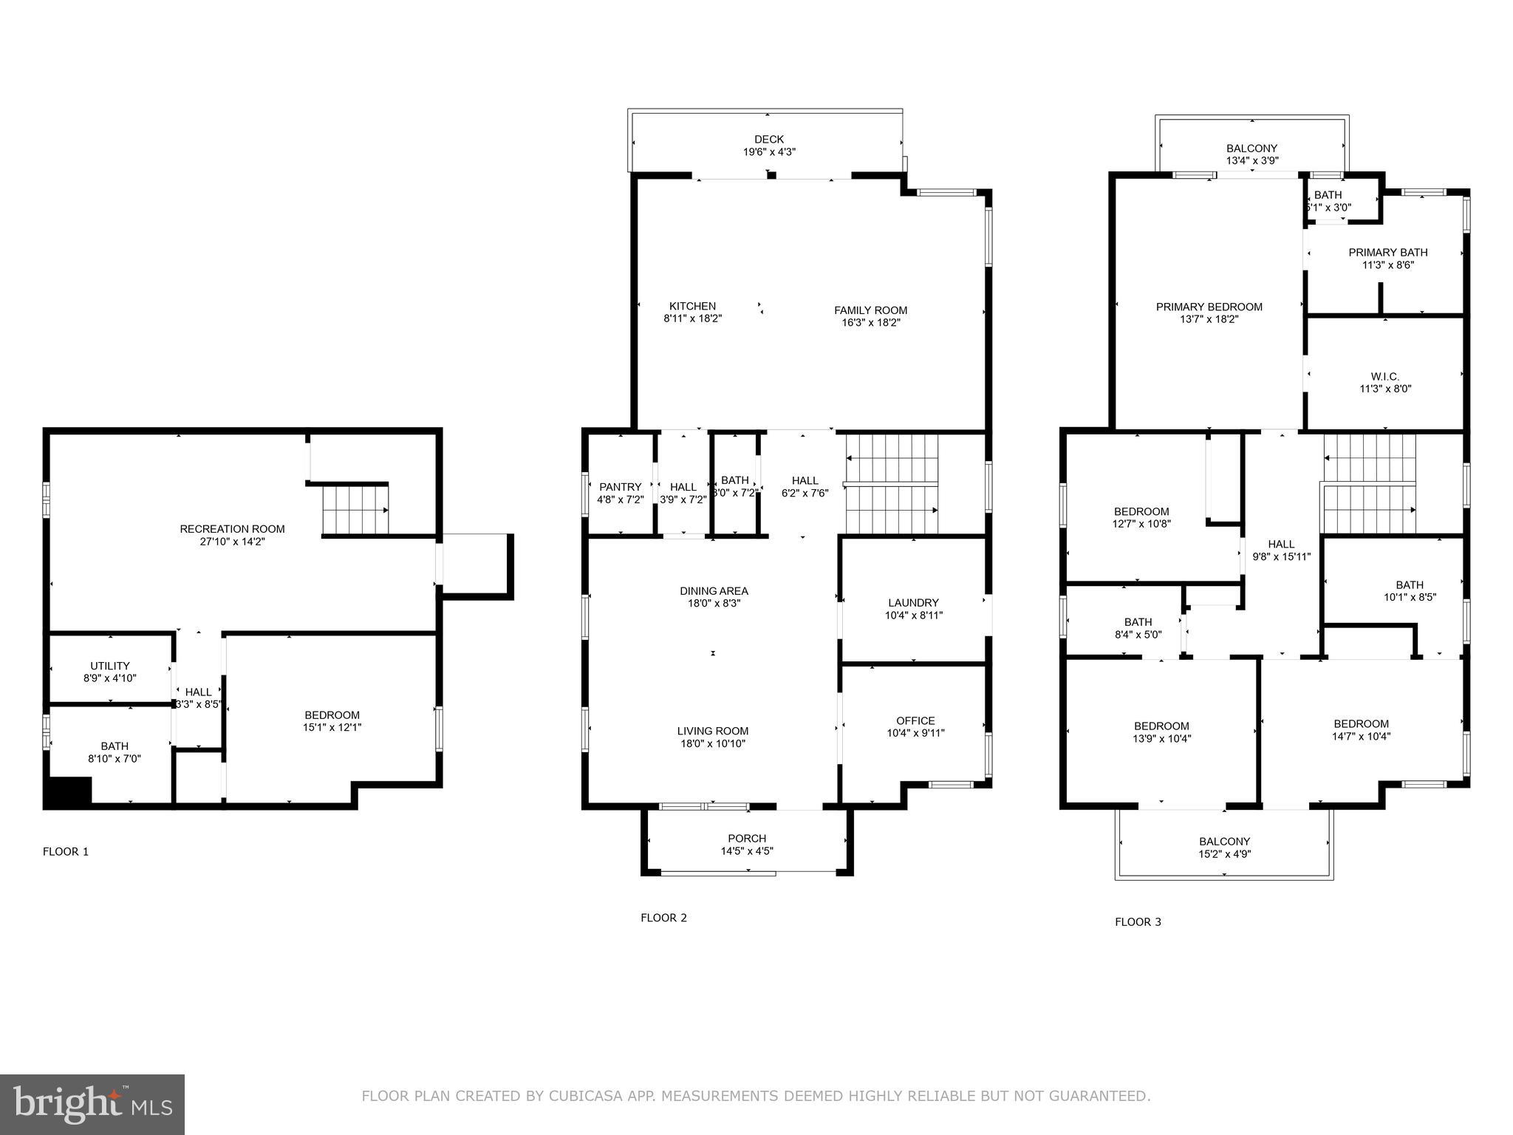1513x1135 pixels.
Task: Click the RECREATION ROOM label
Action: (232, 529)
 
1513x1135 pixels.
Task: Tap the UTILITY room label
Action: (110, 666)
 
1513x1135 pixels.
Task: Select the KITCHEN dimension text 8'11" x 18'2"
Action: (692, 319)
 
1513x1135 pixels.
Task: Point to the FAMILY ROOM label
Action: (870, 310)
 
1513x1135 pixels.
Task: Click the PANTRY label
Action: (620, 487)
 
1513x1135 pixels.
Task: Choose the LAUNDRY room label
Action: (913, 603)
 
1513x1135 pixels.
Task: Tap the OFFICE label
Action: (915, 720)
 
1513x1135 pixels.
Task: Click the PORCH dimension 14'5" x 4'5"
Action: (747, 851)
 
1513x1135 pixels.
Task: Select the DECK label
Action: (768, 139)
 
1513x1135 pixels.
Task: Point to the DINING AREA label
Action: (714, 591)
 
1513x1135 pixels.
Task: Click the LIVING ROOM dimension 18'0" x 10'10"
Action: (713, 743)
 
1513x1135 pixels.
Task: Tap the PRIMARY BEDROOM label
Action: (1209, 307)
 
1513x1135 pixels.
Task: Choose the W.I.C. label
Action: (1384, 377)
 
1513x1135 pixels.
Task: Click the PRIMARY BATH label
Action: (1387, 253)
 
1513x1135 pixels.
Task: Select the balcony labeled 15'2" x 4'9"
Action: (1224, 848)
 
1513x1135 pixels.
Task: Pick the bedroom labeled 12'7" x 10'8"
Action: (1141, 517)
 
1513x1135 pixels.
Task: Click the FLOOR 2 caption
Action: (663, 918)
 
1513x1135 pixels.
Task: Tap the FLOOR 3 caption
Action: (1138, 921)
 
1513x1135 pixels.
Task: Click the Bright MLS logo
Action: (92, 1105)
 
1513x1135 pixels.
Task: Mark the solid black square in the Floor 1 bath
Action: (69, 792)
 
